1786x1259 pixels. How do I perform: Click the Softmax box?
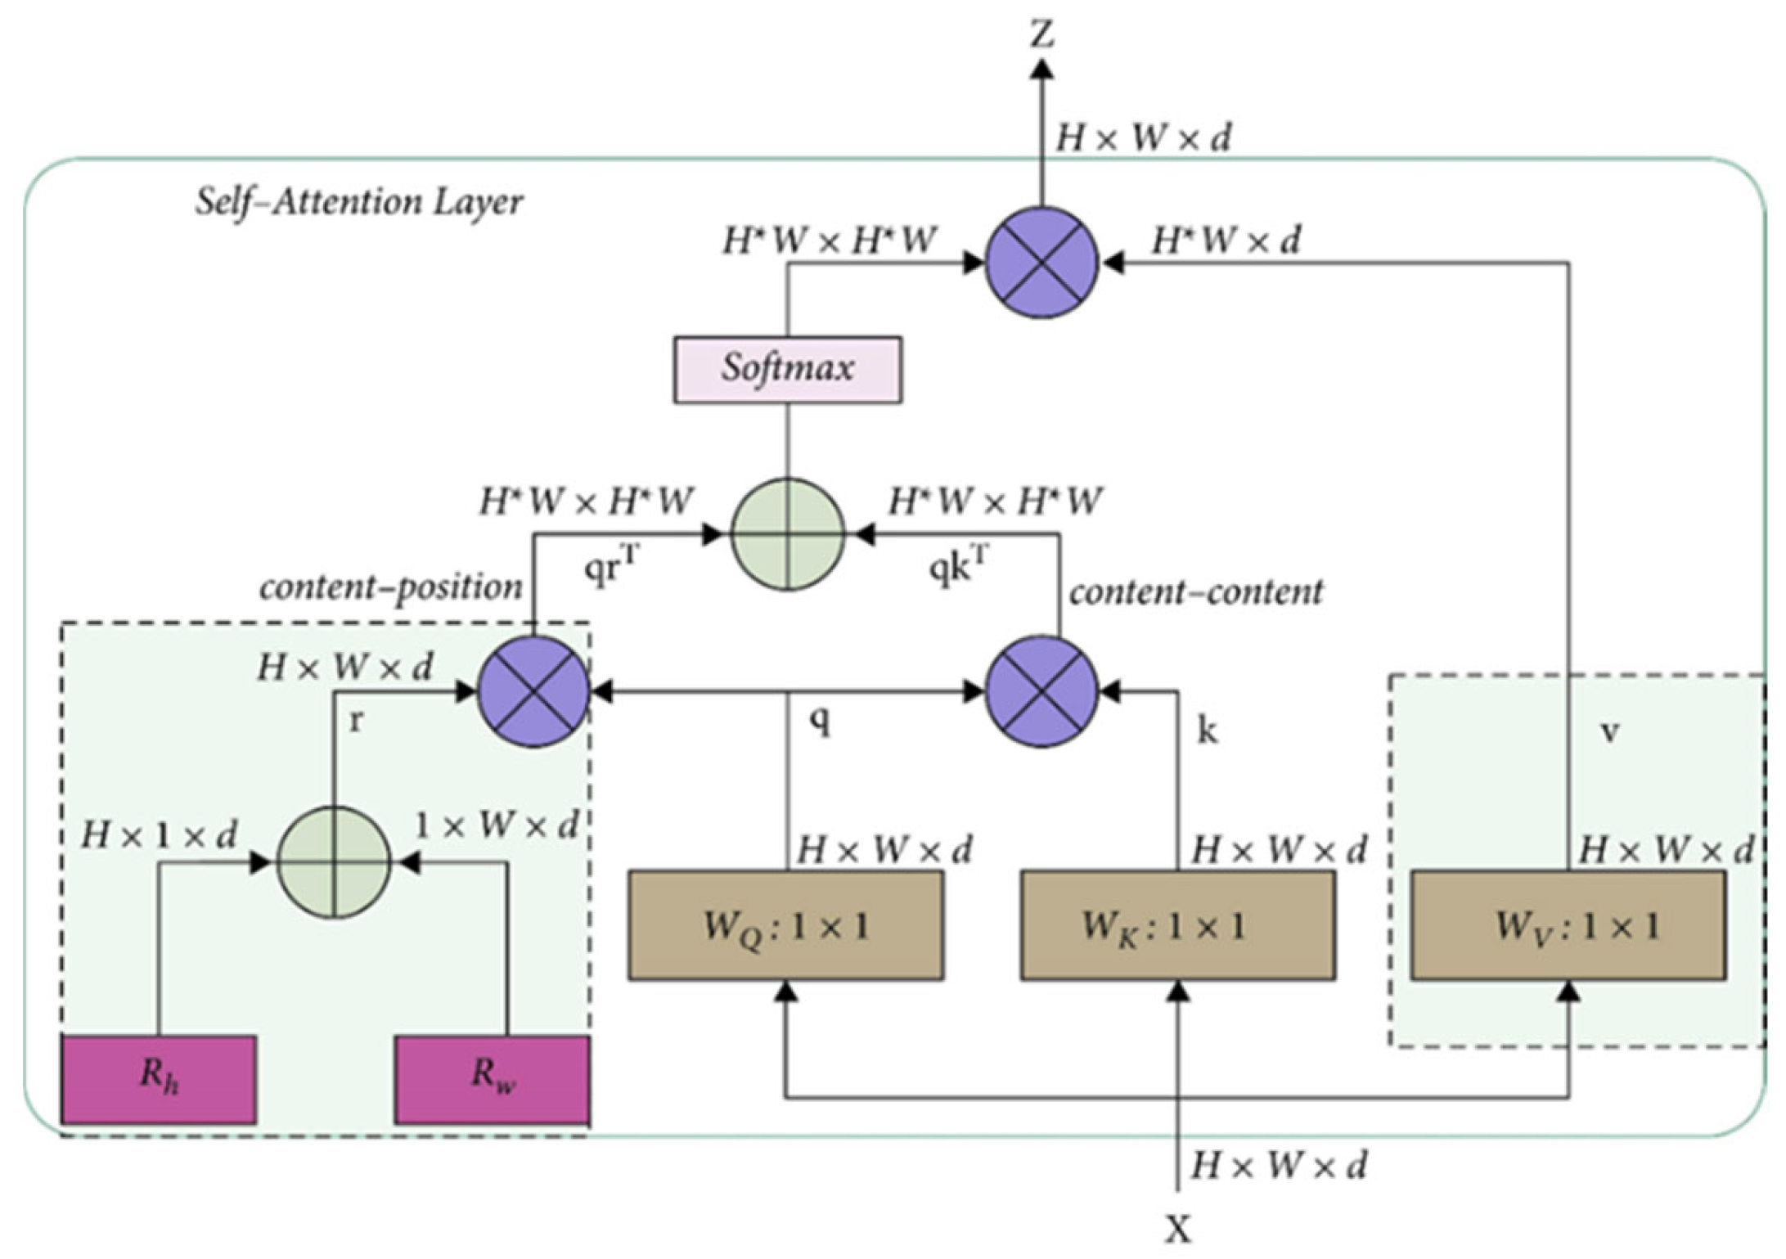click(787, 369)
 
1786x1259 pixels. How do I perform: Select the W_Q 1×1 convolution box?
click(785, 925)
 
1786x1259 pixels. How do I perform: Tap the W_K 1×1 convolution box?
click(1177, 925)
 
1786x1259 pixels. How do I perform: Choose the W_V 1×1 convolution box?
click(1568, 925)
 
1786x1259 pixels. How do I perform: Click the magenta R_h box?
click(159, 1079)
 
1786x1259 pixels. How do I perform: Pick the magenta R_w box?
click(492, 1079)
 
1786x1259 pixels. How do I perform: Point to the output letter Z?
click(1041, 35)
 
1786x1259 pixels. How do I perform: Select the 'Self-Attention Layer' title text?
click(358, 202)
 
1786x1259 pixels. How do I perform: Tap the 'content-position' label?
click(390, 587)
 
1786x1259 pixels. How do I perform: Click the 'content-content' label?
click(1195, 591)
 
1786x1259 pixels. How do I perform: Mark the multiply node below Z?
click(1041, 263)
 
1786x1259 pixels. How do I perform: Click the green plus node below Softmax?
click(787, 534)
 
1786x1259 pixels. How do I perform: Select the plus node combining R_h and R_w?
click(334, 862)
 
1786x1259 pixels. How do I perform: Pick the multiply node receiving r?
click(533, 691)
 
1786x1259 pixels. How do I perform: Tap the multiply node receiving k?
click(1041, 691)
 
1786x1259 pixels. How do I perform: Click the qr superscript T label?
click(611, 567)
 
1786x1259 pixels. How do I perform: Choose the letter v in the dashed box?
click(1608, 731)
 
